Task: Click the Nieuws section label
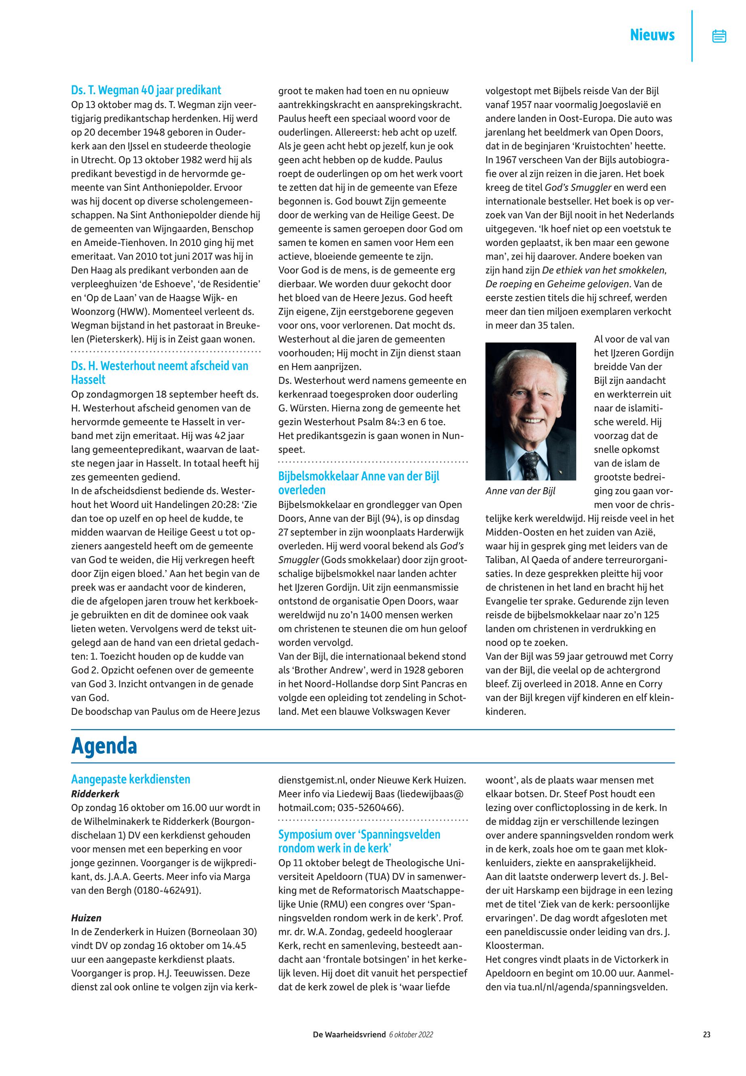652,35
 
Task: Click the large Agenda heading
104,746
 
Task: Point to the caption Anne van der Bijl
520,491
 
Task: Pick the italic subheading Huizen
86,918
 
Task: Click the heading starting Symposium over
359,834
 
